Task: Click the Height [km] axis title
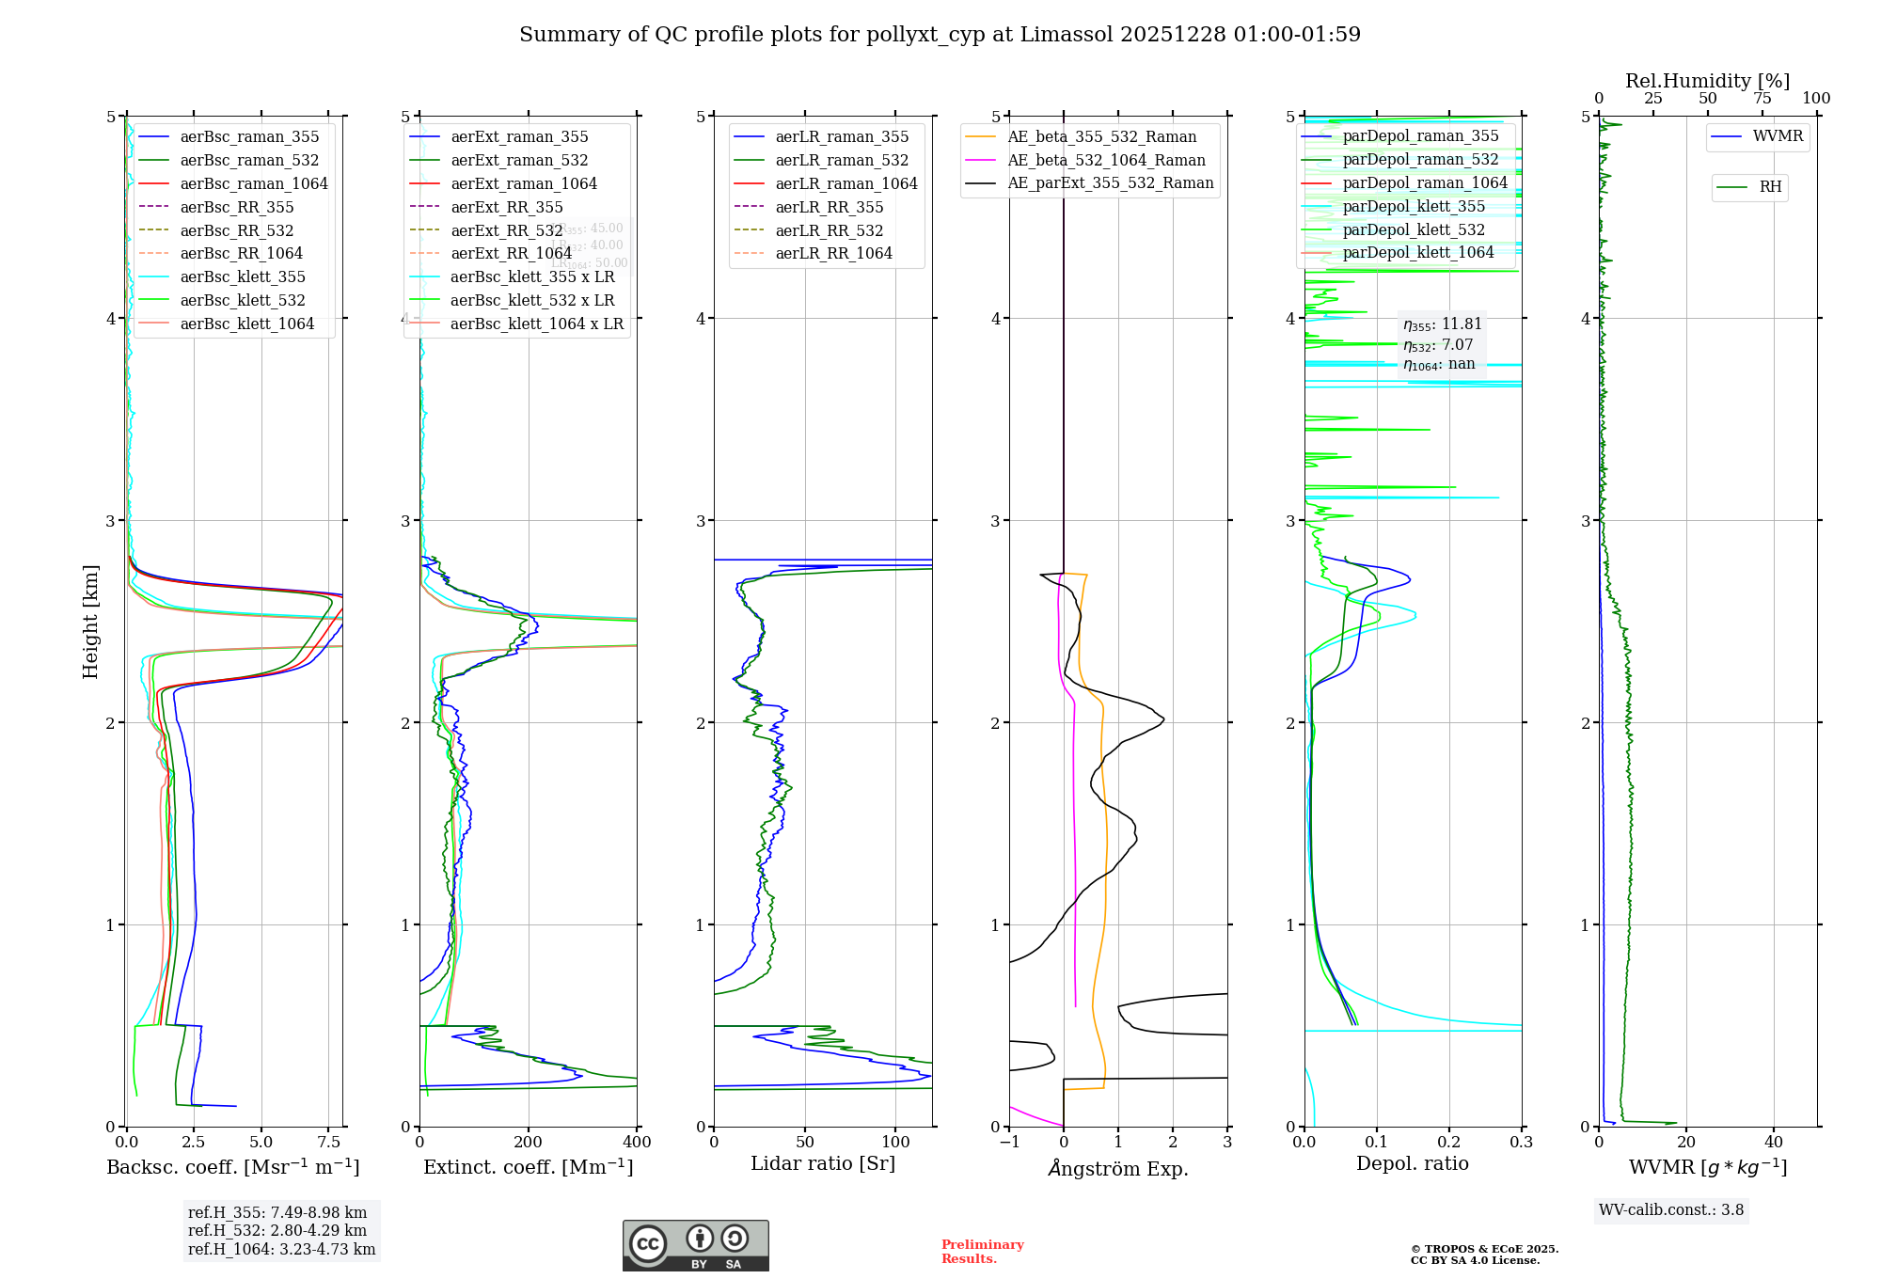pyautogui.click(x=90, y=622)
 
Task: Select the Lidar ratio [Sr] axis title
pyautogui.click(x=823, y=1163)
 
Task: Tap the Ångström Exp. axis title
pyautogui.click(x=1118, y=1168)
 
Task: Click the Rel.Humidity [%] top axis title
pyautogui.click(x=1707, y=81)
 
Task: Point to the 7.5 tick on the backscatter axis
pyautogui.click(x=329, y=1143)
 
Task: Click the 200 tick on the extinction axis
pyautogui.click(x=529, y=1143)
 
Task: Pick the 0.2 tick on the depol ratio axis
pyautogui.click(x=1449, y=1143)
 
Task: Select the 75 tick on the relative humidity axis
pyautogui.click(x=1762, y=98)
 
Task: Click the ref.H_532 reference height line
pyautogui.click(x=277, y=1230)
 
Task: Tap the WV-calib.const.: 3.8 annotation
pyautogui.click(x=1671, y=1210)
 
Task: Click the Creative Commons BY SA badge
pyautogui.click(x=695, y=1246)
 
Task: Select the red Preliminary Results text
pyautogui.click(x=982, y=1251)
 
